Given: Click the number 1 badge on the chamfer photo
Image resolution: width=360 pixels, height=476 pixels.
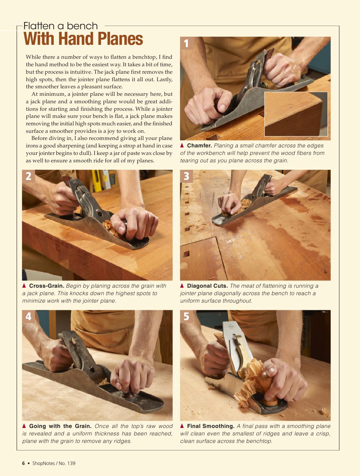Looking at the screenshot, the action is click(x=186, y=43).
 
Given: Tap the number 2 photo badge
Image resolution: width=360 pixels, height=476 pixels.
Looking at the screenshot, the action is click(x=28, y=176).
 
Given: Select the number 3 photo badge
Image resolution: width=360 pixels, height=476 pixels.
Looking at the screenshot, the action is click(x=186, y=176).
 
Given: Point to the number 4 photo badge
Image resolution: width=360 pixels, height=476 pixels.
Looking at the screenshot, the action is click(x=28, y=316).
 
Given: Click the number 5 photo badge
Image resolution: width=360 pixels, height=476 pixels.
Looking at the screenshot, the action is click(x=186, y=316).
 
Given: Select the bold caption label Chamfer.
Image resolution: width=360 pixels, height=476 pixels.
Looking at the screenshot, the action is click(x=199, y=145).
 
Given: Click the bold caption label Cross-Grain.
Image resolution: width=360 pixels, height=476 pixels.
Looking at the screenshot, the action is click(x=47, y=286).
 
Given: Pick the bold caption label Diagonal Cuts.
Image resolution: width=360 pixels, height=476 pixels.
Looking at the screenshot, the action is click(x=207, y=286).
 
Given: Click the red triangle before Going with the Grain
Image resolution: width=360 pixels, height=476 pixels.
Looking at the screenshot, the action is click(x=24, y=426).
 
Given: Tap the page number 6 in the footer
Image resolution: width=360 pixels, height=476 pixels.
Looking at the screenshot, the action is click(x=23, y=463).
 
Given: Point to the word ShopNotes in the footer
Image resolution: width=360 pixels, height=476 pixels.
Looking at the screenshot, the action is click(x=44, y=463).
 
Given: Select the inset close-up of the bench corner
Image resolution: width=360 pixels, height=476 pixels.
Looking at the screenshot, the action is click(x=296, y=114).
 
